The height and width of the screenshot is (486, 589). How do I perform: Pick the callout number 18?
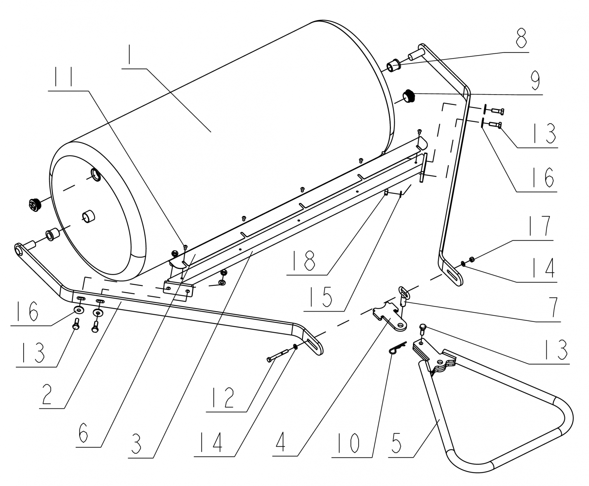tap(307, 260)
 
